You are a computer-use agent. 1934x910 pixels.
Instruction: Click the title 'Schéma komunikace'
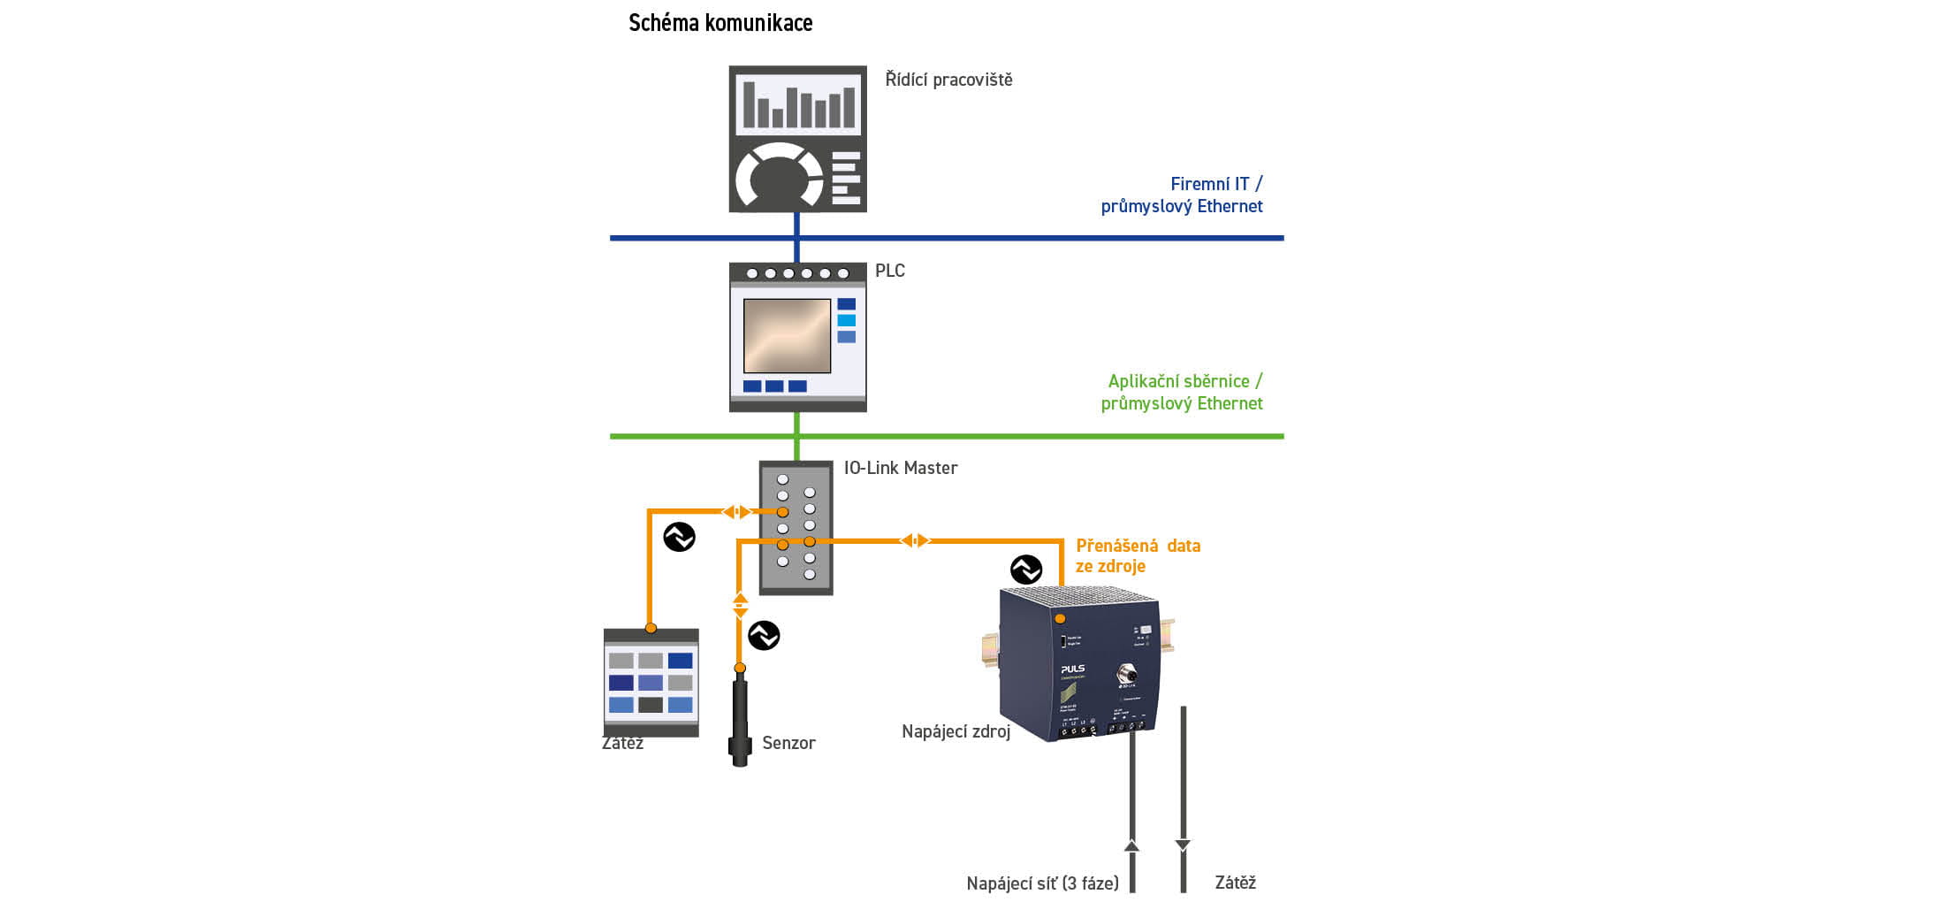tap(720, 23)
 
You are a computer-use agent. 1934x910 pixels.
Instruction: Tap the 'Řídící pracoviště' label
tap(948, 80)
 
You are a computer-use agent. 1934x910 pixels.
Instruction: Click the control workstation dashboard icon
tap(797, 139)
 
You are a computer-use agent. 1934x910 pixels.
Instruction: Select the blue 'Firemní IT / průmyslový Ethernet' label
tap(1182, 195)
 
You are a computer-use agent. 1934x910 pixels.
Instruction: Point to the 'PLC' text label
tap(889, 271)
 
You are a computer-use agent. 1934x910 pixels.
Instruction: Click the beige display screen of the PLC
tap(787, 336)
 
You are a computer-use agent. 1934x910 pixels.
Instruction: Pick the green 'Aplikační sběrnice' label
tap(1182, 392)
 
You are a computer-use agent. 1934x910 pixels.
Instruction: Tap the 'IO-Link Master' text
tap(900, 468)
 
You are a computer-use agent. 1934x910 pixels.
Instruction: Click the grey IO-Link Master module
tap(796, 528)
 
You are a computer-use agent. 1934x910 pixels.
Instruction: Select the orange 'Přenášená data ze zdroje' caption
tap(1138, 555)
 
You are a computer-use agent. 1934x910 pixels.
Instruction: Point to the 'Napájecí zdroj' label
tap(956, 731)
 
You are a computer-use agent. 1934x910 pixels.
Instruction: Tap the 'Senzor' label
tap(788, 743)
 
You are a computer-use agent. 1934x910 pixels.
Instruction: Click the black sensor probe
tap(740, 721)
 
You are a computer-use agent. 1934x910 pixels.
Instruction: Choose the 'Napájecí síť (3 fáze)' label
tap(1042, 883)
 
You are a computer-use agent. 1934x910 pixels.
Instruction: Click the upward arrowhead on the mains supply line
tap(1131, 845)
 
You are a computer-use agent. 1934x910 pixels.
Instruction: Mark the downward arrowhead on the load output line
tap(1183, 845)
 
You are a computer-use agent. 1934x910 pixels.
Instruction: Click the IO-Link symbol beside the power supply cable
tap(1026, 570)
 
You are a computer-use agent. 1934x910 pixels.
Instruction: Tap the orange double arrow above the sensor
tap(741, 605)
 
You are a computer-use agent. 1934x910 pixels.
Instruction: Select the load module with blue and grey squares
tap(651, 683)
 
